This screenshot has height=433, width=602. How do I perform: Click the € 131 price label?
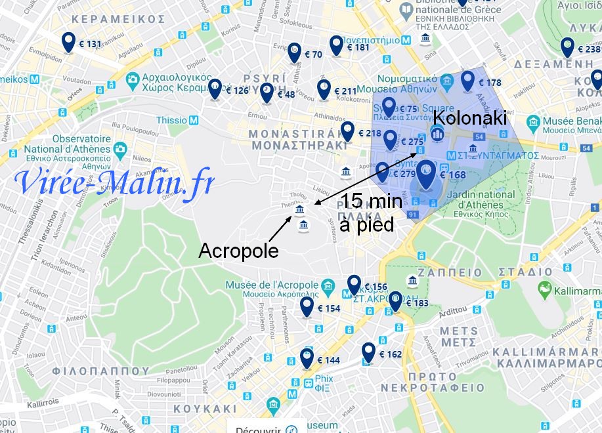[90, 45]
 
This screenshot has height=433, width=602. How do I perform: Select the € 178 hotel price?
[490, 83]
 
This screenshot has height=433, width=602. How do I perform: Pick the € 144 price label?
[328, 360]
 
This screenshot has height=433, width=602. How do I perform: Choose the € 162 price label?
[390, 354]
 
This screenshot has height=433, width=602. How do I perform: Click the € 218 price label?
[370, 133]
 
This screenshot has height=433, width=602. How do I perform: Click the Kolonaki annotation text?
[470, 119]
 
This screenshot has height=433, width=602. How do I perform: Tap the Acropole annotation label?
[238, 251]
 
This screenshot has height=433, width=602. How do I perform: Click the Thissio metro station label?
[172, 120]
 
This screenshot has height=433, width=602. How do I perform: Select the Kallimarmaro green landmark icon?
[544, 289]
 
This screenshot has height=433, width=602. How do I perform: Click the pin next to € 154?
[307, 306]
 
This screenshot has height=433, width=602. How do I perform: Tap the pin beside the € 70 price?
[295, 52]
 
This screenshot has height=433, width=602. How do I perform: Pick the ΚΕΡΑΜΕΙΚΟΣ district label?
[118, 19]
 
